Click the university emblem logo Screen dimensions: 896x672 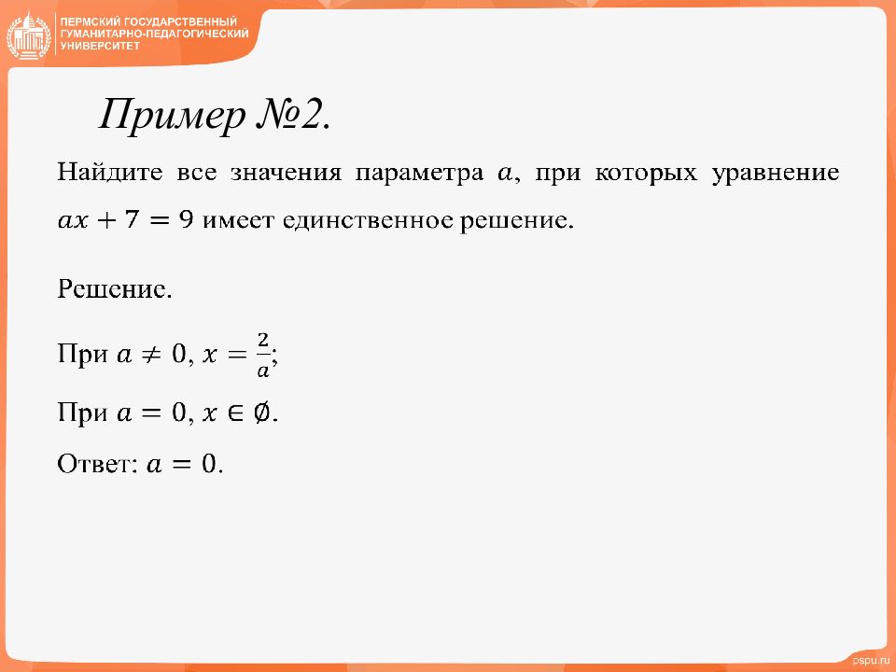(x=29, y=35)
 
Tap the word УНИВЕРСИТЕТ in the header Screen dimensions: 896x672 (x=100, y=46)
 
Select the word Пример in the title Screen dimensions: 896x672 (x=172, y=117)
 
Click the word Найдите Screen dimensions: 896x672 (x=110, y=173)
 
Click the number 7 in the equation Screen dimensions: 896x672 (x=132, y=218)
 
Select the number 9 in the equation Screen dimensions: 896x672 (x=187, y=218)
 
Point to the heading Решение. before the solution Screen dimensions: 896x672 (x=114, y=289)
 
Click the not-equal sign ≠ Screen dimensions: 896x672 (x=151, y=355)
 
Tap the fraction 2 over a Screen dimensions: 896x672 (x=263, y=356)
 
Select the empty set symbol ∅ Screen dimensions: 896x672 (x=261, y=413)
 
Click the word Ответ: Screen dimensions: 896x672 (x=98, y=464)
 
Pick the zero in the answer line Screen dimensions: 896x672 (x=209, y=464)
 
